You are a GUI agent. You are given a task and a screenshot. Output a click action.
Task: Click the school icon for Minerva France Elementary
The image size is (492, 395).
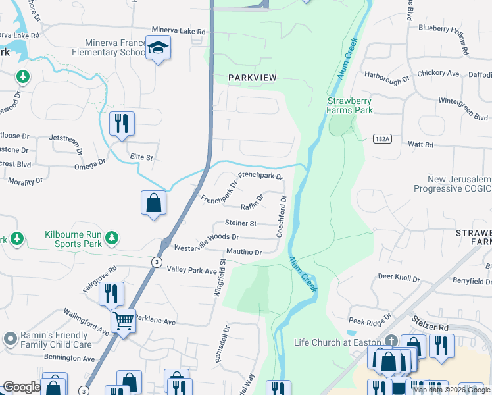[x=158, y=47]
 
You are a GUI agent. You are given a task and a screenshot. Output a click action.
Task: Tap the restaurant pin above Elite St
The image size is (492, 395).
[x=122, y=123]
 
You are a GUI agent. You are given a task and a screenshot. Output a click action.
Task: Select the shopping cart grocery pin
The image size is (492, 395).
[x=123, y=321]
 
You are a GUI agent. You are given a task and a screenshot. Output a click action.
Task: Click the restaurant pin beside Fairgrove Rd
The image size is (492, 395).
[x=111, y=294]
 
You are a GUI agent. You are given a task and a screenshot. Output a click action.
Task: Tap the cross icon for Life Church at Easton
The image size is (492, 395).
[x=391, y=341]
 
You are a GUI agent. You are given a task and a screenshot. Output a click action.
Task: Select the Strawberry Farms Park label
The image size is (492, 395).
[x=350, y=105]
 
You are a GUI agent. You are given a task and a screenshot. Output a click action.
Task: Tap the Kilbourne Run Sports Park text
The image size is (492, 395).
[x=74, y=238]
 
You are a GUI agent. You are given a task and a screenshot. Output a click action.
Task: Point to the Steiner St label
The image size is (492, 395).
[x=240, y=223]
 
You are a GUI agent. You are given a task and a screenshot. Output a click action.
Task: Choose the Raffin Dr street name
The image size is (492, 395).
[x=252, y=202]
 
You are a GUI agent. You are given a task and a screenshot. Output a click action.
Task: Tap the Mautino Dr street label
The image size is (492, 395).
[x=244, y=251]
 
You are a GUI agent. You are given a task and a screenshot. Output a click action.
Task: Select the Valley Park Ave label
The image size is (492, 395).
[x=191, y=271]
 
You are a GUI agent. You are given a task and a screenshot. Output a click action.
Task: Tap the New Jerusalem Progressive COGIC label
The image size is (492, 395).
[x=452, y=184]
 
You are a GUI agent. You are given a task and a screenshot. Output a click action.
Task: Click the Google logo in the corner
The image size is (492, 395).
[x=22, y=387]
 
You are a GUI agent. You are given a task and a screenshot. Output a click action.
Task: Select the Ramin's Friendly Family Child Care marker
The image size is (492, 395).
[x=10, y=339]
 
